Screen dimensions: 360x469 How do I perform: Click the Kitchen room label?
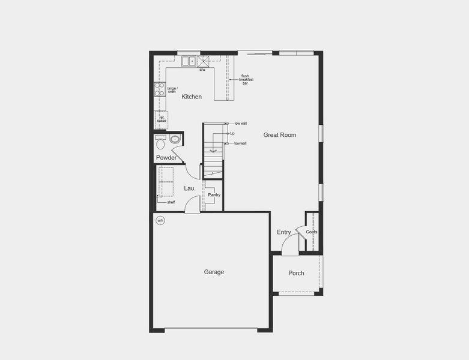192,97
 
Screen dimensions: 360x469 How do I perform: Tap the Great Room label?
279,135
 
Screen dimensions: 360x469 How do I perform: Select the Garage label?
214,272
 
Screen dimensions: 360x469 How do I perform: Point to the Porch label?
296,273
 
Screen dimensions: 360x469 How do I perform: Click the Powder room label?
166,158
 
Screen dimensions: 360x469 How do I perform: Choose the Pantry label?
214,195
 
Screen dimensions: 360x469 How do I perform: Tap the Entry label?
284,232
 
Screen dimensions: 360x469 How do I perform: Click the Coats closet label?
312,232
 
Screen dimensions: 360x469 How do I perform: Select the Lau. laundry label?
190,188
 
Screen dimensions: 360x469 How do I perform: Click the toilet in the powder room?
160,143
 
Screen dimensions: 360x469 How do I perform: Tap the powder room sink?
175,140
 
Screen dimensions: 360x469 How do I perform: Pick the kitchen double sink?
189,61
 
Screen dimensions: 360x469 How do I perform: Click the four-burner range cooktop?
160,89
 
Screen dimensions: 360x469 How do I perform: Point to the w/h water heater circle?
160,221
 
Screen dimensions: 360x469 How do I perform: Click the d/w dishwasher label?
202,70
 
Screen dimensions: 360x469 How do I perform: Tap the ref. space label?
162,119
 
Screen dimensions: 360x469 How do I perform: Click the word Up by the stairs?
232,133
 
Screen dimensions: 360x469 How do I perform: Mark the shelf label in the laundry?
171,202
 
